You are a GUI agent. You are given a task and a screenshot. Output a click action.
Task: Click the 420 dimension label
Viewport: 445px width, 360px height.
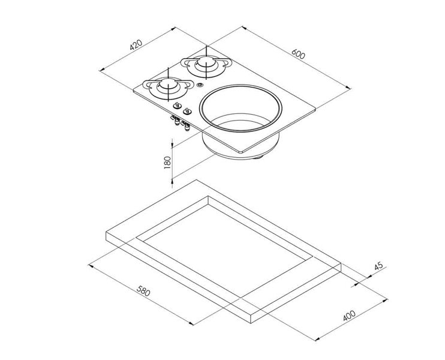point(136,45)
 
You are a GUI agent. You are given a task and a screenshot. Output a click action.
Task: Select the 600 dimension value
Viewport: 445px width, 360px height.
point(299,53)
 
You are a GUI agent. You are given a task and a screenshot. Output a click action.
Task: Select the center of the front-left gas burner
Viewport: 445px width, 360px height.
point(168,87)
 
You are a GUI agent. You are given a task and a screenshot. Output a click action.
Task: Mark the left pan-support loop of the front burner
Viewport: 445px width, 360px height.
point(148,84)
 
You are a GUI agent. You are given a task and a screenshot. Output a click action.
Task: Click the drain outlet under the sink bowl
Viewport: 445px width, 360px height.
point(258,157)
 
